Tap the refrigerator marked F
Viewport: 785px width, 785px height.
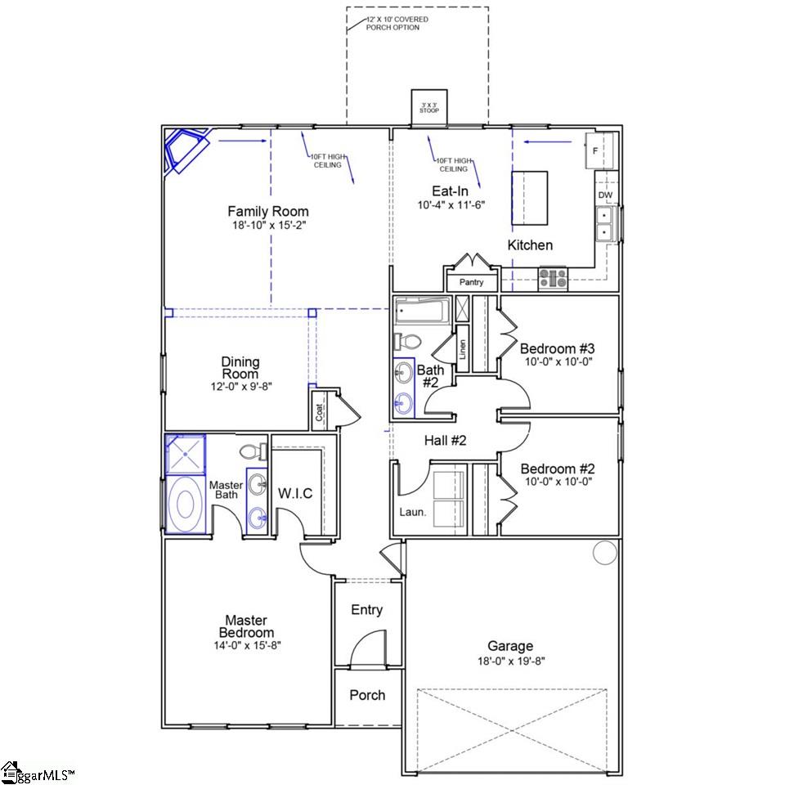click(x=599, y=150)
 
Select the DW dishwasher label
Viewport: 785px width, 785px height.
click(x=605, y=195)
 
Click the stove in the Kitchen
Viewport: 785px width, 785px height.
click(x=554, y=278)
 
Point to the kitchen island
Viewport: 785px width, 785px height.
click(x=529, y=198)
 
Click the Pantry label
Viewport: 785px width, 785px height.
click(x=472, y=282)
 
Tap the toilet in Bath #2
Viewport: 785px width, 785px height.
click(x=407, y=342)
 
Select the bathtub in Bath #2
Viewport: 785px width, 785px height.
click(x=423, y=311)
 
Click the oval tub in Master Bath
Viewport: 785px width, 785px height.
click(x=185, y=505)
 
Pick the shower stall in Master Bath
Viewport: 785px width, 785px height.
click(x=186, y=454)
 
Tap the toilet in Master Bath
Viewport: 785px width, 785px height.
click(x=253, y=452)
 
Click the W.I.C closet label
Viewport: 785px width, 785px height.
click(x=295, y=494)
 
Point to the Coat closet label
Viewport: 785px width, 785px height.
click(x=320, y=412)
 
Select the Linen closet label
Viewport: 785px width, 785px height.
click(x=463, y=349)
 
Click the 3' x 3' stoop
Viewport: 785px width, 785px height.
click(x=429, y=107)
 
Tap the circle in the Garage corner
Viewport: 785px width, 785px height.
click(x=605, y=553)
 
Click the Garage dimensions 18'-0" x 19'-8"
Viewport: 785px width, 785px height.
click(x=510, y=662)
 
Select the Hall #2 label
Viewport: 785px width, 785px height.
click(x=445, y=441)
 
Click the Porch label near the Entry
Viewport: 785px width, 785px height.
click(x=367, y=695)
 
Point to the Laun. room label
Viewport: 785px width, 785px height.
click(x=412, y=512)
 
